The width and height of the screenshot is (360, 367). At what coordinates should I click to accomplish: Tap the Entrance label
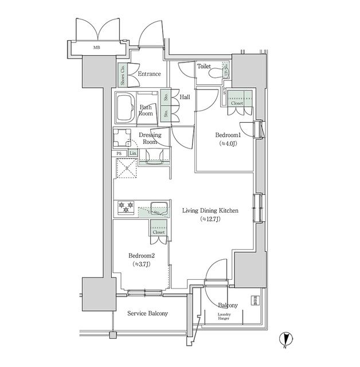point(149,74)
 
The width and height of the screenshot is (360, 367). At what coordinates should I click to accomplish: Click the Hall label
point(185,97)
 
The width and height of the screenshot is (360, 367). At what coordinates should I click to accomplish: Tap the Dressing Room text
point(150,138)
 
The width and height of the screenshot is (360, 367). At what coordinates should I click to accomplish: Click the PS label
point(119,153)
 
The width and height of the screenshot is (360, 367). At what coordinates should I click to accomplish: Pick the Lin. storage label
point(132,153)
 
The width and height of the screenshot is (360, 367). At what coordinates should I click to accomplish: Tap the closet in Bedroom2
point(159,229)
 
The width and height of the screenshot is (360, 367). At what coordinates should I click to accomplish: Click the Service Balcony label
point(148,314)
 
